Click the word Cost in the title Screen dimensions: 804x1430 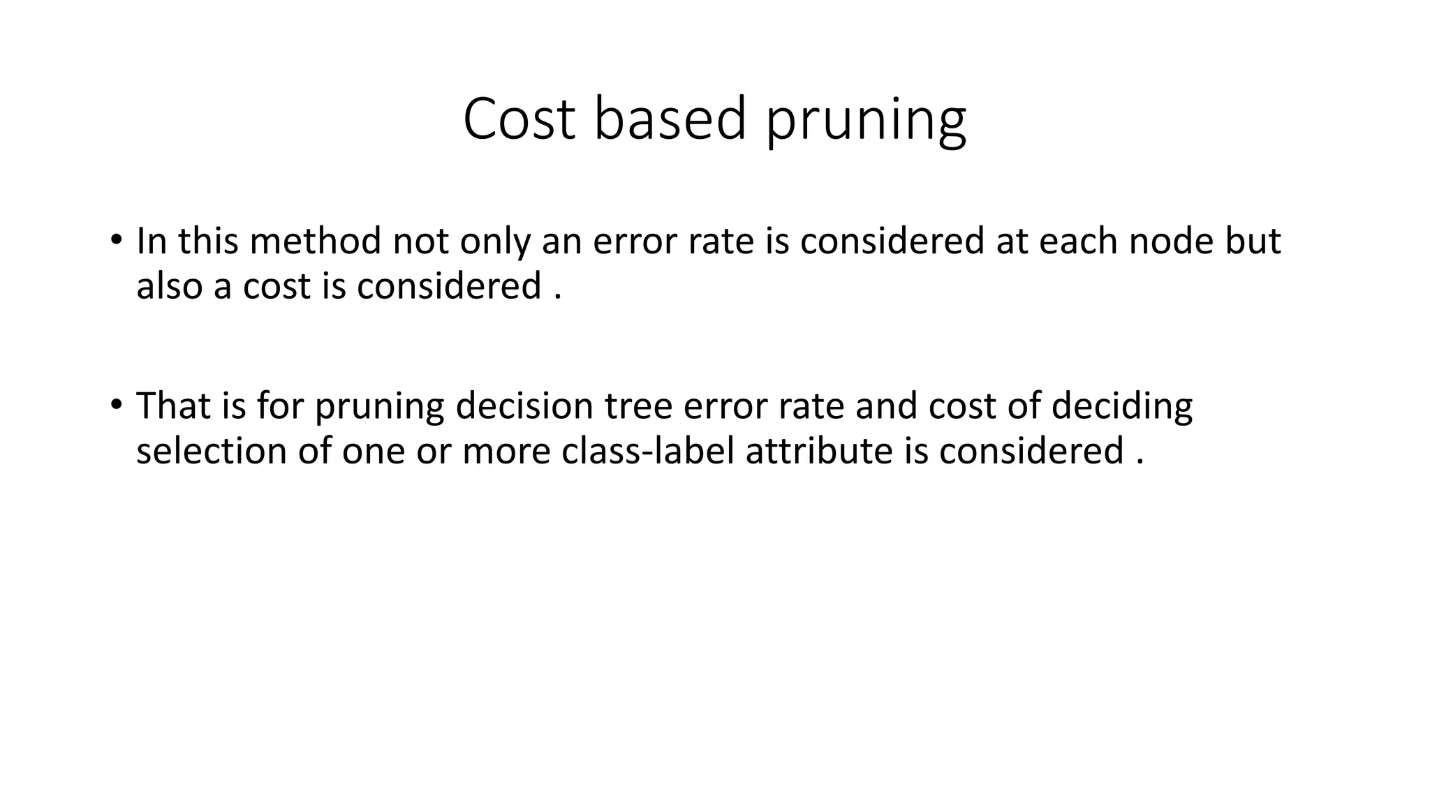point(519,119)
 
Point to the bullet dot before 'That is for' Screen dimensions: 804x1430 point(116,405)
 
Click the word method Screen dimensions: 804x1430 point(316,241)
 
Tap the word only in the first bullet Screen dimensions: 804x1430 point(495,242)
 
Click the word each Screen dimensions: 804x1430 point(1078,241)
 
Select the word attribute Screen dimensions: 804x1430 point(819,451)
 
